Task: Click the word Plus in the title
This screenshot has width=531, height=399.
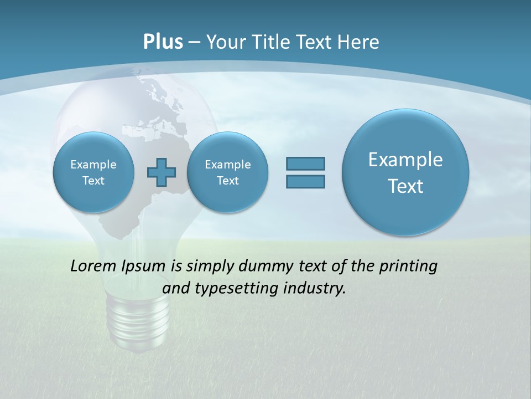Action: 163,42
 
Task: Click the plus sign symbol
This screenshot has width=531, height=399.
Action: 162,172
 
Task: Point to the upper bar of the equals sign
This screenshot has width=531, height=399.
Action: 305,163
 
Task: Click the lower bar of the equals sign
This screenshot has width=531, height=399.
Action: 305,181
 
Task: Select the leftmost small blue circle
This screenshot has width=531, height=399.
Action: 93,172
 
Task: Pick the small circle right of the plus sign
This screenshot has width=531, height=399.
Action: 227,172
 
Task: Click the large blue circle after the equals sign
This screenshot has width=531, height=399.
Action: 405,172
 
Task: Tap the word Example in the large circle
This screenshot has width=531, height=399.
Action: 405,160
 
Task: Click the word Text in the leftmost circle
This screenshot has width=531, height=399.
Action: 93,181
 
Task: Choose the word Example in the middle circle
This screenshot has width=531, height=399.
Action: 227,165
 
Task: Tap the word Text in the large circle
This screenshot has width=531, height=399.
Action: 405,186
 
